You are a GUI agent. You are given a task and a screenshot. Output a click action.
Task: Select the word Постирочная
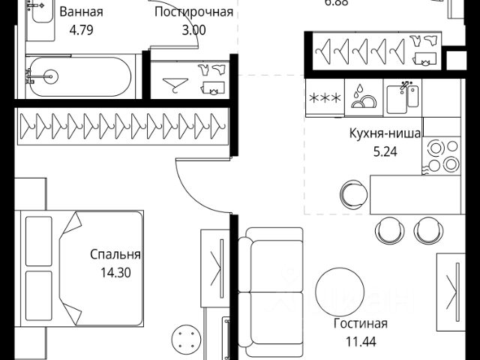[x=193, y=13]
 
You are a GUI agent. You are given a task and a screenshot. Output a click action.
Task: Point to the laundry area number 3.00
[x=193, y=31]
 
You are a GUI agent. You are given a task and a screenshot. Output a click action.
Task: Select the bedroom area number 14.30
[x=115, y=273]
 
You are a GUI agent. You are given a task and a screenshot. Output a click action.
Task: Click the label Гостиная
[x=361, y=324]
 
